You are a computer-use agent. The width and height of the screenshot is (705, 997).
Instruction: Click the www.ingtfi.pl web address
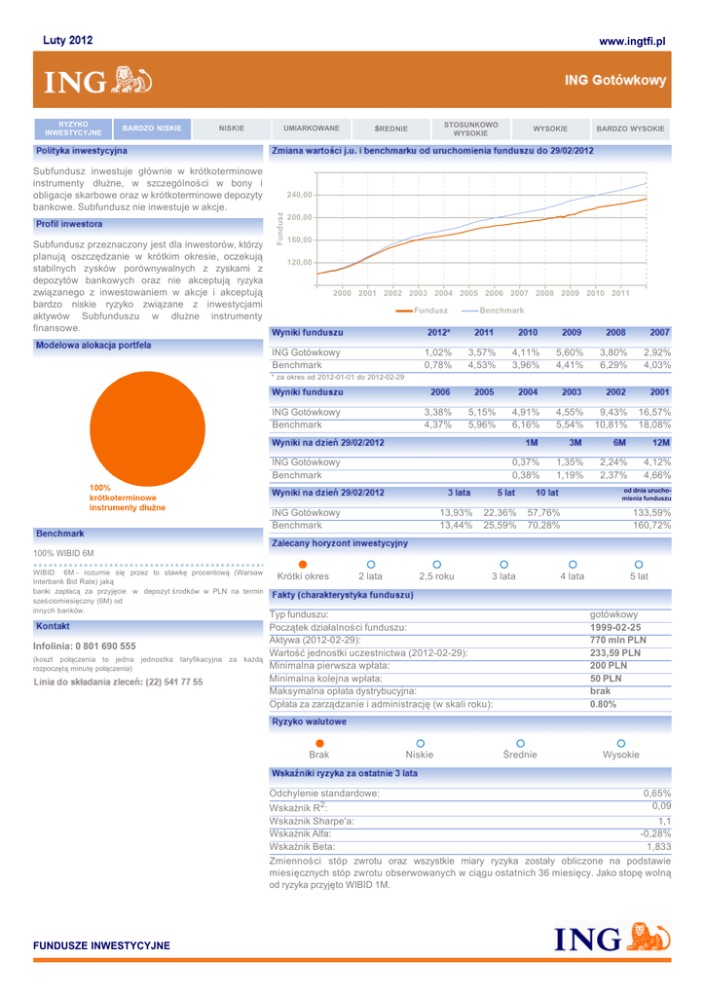(x=632, y=41)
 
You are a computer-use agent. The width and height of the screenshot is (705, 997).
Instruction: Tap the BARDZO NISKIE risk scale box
(x=152, y=128)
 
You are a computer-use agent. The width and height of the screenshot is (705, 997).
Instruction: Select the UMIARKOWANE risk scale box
(x=312, y=128)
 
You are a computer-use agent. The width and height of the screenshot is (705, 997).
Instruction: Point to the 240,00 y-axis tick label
(x=299, y=195)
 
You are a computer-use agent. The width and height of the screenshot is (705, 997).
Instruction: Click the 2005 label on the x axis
(x=468, y=292)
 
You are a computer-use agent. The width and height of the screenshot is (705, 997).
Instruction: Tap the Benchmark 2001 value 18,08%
(x=654, y=425)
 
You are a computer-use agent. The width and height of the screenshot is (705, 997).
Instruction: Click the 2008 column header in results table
(x=615, y=333)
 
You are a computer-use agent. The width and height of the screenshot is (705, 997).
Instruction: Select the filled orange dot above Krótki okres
(x=303, y=565)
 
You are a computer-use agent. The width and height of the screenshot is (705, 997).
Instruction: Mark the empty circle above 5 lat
(x=639, y=565)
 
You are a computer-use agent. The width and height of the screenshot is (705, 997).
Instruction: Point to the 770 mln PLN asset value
(x=618, y=640)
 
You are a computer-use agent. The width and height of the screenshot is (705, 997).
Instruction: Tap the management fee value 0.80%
(x=604, y=704)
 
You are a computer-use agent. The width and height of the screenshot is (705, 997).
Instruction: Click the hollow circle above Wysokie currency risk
(x=621, y=743)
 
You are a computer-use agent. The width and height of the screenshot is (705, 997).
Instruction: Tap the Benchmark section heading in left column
(x=60, y=534)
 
